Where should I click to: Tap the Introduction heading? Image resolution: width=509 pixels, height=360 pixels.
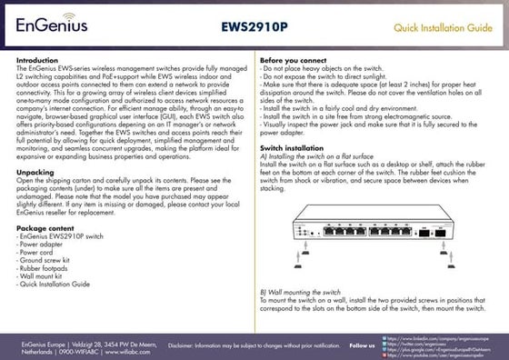(x=37, y=60)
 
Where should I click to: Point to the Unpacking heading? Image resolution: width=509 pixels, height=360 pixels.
(x=35, y=171)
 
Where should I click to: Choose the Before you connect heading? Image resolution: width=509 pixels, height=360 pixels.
(x=294, y=60)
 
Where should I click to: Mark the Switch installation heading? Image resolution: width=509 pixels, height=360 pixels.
(x=292, y=146)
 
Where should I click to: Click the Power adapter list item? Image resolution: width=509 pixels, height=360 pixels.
(x=40, y=244)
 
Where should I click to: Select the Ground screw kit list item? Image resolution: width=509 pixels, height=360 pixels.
(x=45, y=260)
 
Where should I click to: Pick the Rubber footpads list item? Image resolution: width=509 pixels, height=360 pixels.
(x=43, y=268)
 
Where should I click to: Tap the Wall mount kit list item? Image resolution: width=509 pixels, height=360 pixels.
(x=40, y=276)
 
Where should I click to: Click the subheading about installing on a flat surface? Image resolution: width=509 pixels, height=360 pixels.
(x=314, y=155)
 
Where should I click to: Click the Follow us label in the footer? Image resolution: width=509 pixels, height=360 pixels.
(x=362, y=345)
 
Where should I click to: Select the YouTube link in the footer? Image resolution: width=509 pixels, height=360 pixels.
(x=435, y=355)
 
